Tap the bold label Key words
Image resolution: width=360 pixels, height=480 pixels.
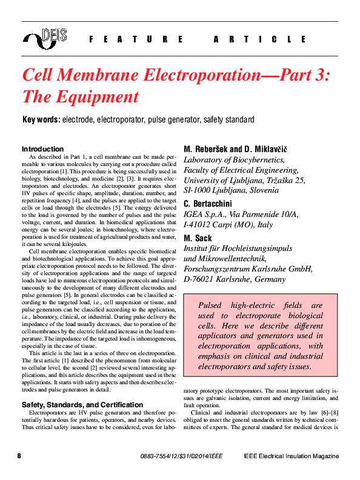[41, 120]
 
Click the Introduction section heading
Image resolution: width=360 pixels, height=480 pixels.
[42, 149]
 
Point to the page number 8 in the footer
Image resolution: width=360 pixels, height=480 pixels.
[19, 456]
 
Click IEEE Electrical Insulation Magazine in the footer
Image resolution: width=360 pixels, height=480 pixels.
[291, 456]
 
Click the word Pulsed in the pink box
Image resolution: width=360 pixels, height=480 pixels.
[210, 305]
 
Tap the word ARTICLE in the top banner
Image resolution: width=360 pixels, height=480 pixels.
[260, 39]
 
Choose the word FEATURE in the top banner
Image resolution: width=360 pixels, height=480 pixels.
[135, 39]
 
